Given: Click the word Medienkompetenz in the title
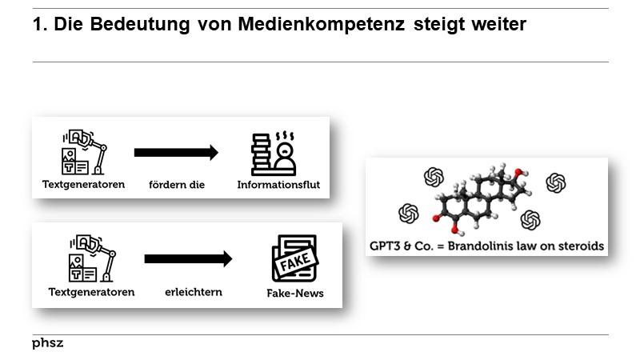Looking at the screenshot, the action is (x=322, y=24).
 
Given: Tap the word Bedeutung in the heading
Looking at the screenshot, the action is (x=140, y=24).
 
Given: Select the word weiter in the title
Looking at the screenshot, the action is (x=498, y=24).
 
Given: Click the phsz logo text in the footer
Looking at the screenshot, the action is (x=48, y=343).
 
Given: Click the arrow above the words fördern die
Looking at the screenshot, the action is (x=176, y=153).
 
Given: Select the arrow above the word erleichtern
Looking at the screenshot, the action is (x=188, y=258).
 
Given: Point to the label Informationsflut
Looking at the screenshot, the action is (x=278, y=185).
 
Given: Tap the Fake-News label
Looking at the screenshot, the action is (x=295, y=293).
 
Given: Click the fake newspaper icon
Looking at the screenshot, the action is (x=295, y=258).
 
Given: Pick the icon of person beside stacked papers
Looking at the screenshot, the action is (x=274, y=154).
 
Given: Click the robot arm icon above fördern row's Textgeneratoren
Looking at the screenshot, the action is (x=84, y=152).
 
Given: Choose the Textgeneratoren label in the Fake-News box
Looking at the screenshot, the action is (x=91, y=292).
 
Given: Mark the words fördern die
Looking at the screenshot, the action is (x=177, y=185).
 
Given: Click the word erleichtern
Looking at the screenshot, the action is (x=194, y=292).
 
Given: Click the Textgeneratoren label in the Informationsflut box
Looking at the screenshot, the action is (x=84, y=185).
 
